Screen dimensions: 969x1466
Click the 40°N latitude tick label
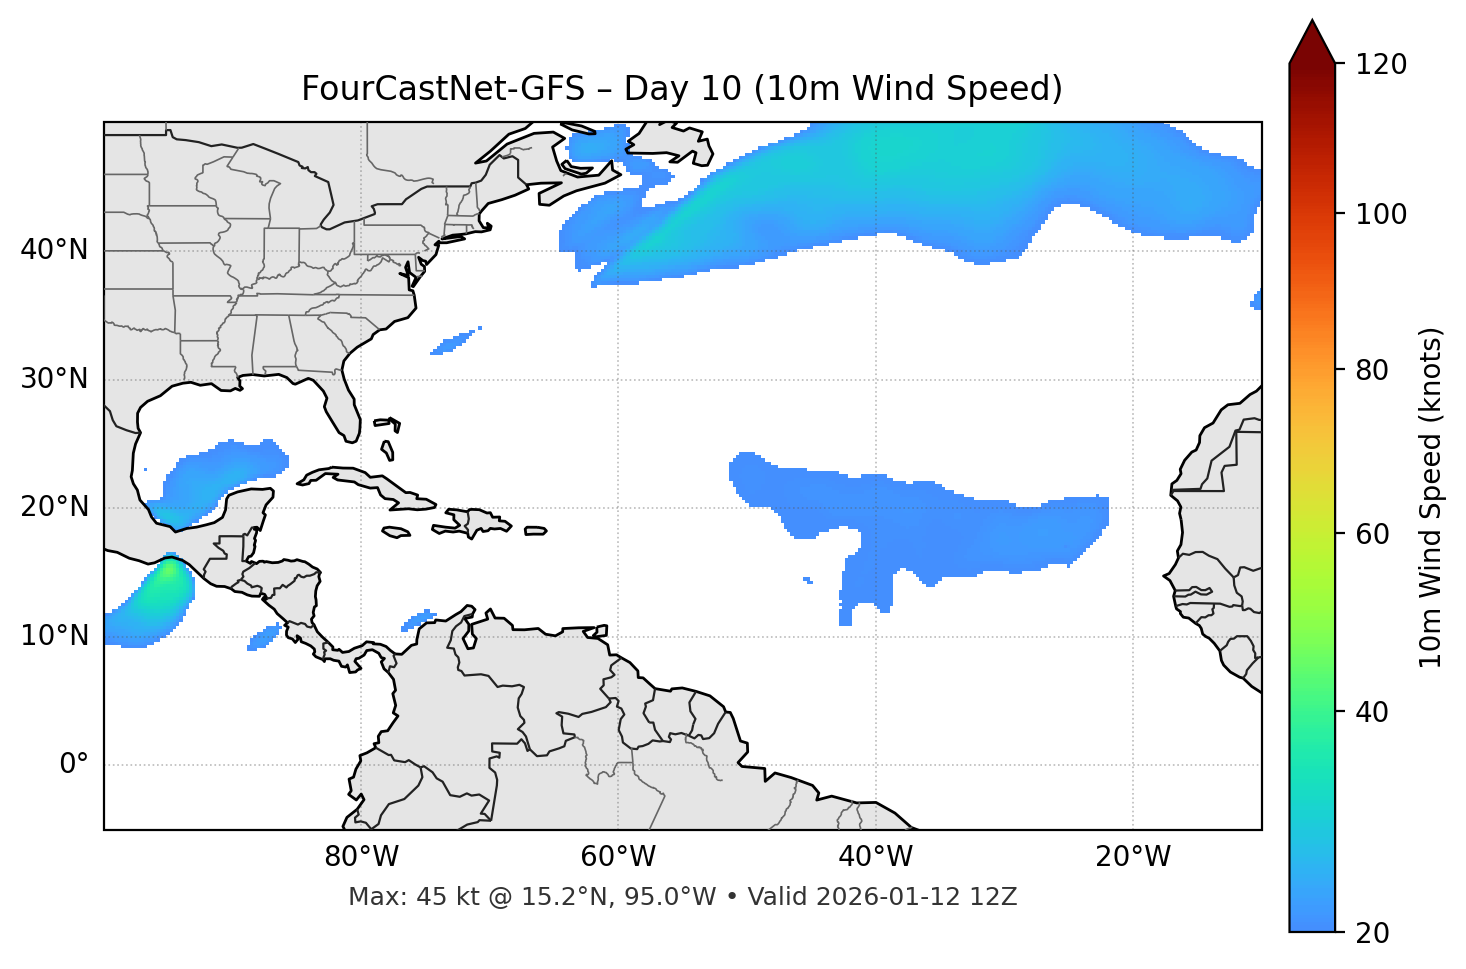coord(54,250)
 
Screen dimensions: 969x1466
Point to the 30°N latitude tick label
coord(54,379)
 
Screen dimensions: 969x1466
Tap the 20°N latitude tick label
coord(54,507)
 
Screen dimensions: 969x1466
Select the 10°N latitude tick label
coord(54,636)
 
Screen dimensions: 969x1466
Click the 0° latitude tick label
coord(74,765)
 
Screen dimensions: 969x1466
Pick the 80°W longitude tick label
coord(361,857)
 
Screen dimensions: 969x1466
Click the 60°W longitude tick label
coord(618,857)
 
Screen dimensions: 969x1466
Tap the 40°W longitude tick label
coord(875,857)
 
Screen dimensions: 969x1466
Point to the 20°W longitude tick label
coord(1132,857)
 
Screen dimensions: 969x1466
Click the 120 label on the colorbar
coord(1381,65)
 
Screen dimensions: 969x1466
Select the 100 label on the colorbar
coord(1381,214)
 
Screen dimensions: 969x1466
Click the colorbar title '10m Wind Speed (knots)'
coord(1431,497)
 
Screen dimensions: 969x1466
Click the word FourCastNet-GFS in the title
coord(442,89)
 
